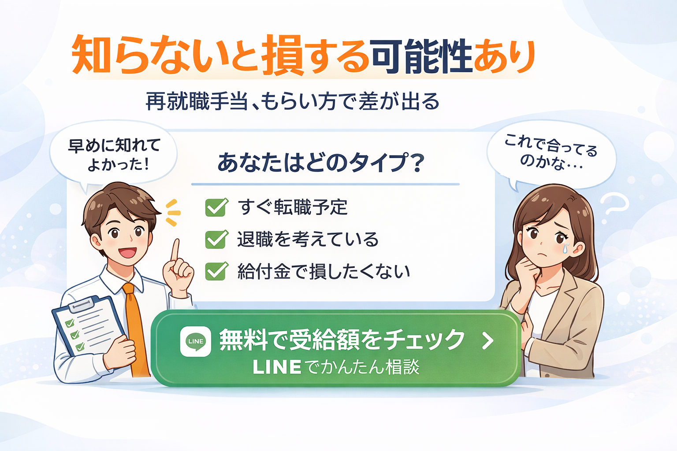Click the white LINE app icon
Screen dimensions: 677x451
click(196, 341)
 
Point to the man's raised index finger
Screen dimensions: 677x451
click(175, 250)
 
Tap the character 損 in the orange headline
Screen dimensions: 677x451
click(282, 55)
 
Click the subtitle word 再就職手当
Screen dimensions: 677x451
click(197, 101)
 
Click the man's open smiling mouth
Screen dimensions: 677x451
click(127, 252)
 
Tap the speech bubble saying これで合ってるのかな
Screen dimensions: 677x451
click(551, 155)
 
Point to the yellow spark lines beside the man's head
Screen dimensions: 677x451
click(173, 213)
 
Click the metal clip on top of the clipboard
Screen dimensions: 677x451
click(81, 304)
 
